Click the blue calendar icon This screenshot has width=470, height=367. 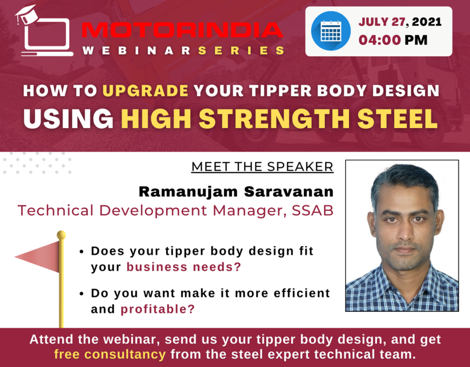point(330,31)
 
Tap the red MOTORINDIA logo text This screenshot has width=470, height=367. point(182,30)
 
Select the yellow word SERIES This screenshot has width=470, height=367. point(241,50)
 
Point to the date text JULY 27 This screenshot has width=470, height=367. point(382,22)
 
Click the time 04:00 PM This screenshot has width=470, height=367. point(393,40)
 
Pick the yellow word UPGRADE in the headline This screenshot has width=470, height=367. point(145,91)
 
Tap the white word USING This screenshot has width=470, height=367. point(68,119)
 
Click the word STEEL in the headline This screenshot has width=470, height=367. point(397,119)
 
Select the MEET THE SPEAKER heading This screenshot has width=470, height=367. point(262,167)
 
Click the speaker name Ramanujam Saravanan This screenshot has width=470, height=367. point(236,191)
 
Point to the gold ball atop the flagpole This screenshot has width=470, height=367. point(61,235)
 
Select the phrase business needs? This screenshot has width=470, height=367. point(184,267)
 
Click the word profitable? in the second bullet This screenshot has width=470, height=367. point(158,309)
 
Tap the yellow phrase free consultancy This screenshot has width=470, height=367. point(110,355)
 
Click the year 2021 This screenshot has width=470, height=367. point(426,22)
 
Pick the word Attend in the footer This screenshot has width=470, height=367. point(51,339)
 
